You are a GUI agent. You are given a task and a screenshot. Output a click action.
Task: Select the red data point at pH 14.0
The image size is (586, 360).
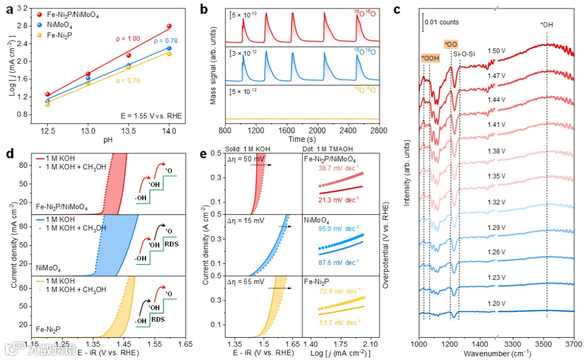click(169, 26)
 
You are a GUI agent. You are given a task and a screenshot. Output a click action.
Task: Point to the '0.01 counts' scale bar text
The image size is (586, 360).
click(442, 22)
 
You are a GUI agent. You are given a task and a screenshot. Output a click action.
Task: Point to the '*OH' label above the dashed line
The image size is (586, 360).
click(547, 24)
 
